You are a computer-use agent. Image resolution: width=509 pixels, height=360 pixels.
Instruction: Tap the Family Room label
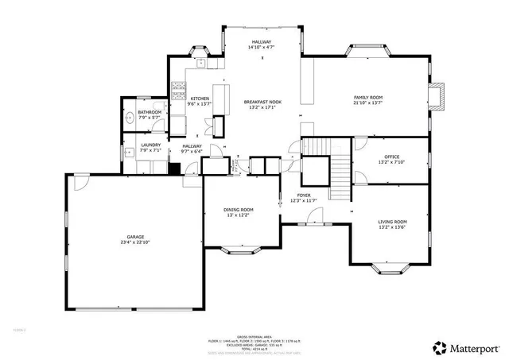[368, 97]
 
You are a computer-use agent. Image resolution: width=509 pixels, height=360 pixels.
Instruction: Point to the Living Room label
[392, 222]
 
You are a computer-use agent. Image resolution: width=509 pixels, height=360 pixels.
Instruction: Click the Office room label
[391, 157]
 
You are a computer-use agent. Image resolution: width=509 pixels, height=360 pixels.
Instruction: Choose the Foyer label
[304, 195]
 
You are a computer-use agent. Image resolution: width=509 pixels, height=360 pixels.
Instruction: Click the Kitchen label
[199, 99]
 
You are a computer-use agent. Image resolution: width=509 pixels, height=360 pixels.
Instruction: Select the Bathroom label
[150, 113]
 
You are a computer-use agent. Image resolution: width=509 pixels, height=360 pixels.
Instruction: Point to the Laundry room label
[151, 145]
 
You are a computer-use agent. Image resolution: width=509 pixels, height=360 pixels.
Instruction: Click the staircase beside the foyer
[339, 168]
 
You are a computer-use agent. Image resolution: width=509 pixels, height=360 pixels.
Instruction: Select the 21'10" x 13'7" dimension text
[368, 102]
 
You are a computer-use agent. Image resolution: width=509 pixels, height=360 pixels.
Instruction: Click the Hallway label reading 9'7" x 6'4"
[192, 149]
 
